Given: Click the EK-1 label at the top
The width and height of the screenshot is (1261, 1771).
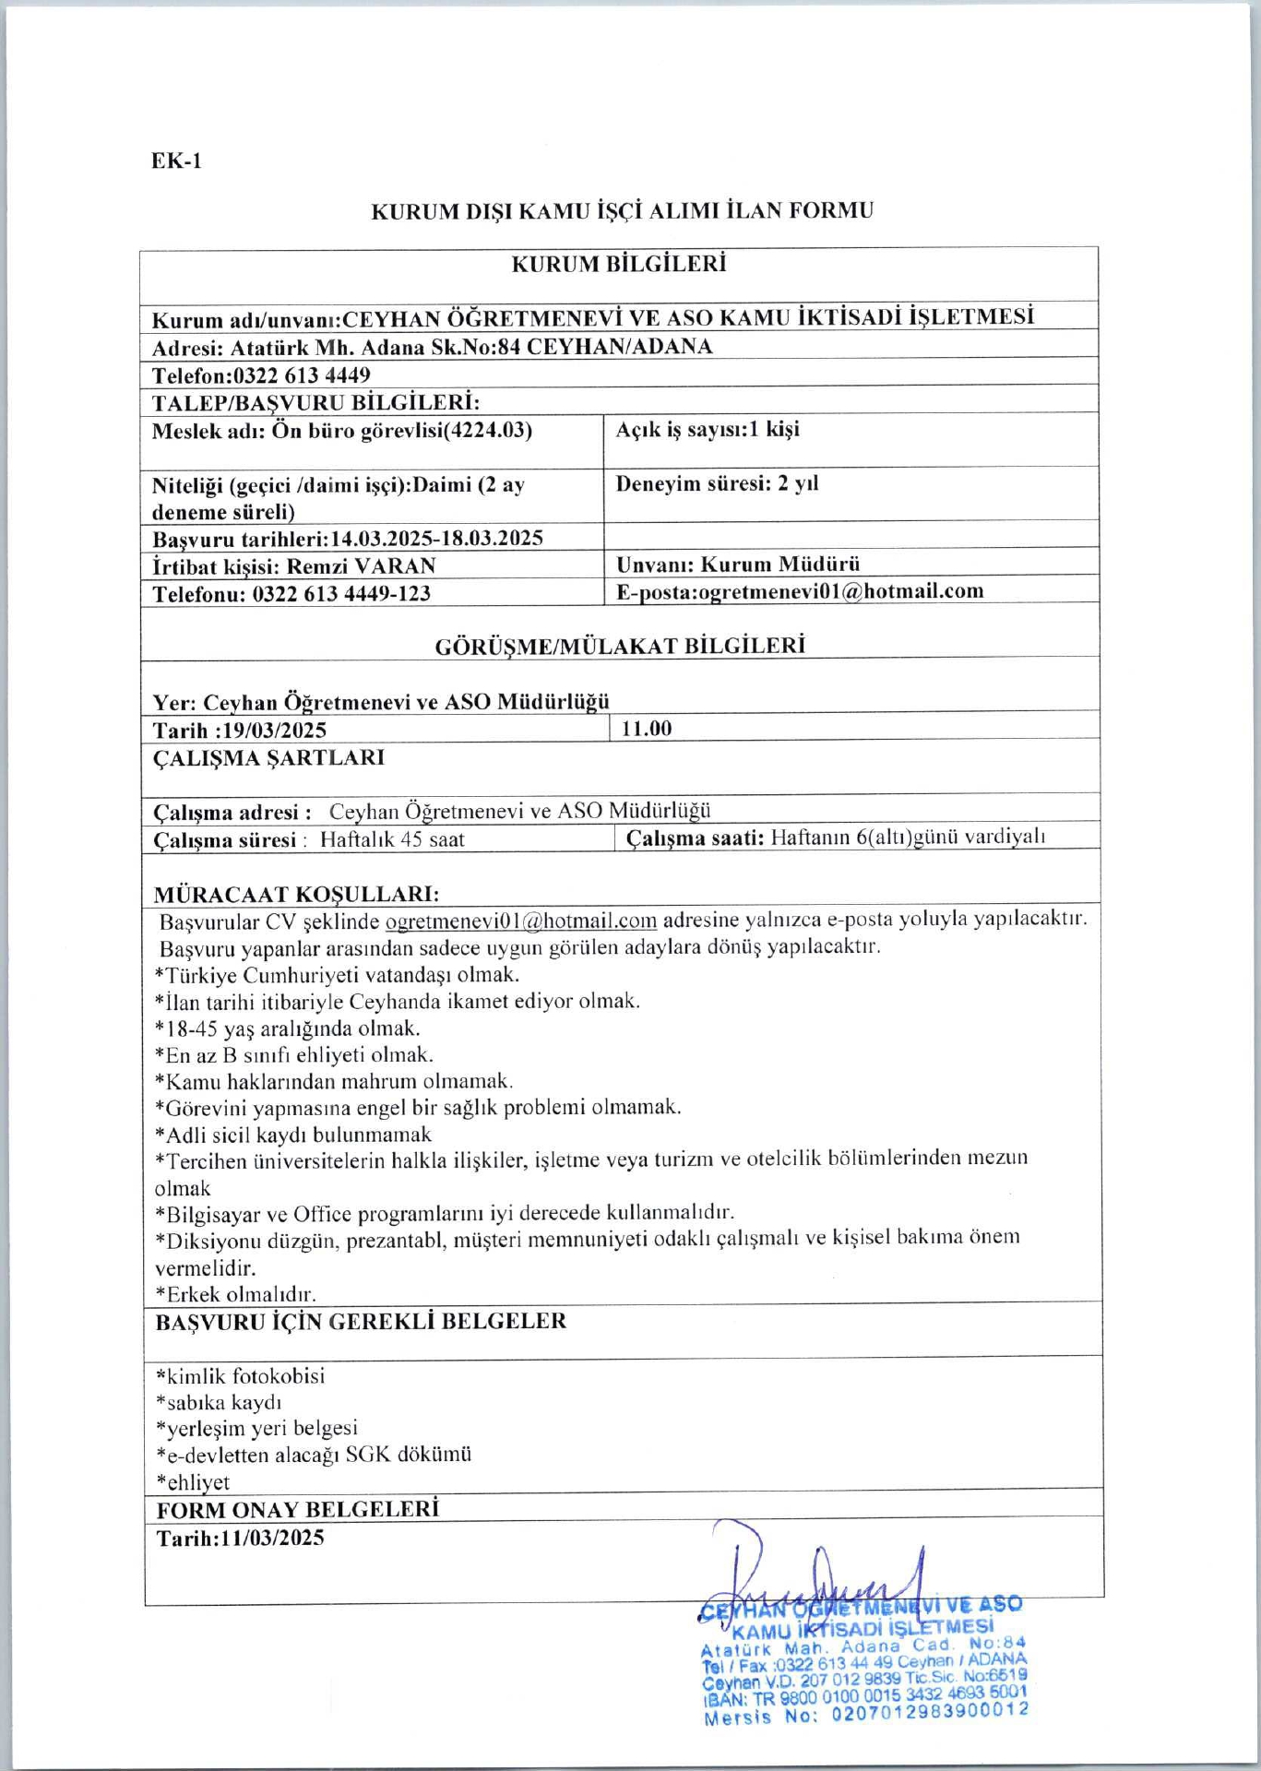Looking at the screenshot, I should (x=176, y=161).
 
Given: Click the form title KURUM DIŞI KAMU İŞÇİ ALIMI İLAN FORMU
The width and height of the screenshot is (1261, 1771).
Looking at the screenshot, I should (x=622, y=211).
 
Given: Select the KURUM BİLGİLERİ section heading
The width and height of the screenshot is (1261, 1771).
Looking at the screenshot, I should (x=619, y=265).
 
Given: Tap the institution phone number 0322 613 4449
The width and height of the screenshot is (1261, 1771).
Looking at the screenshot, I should (x=302, y=375).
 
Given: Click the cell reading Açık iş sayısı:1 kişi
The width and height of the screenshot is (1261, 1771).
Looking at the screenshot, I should (x=708, y=430).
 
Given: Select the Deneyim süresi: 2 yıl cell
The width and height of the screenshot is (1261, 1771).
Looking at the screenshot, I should (x=717, y=484).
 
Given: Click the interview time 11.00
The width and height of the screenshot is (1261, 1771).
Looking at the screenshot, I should (x=647, y=729).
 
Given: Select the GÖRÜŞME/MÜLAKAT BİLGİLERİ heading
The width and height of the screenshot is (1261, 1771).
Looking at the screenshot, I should (x=620, y=646).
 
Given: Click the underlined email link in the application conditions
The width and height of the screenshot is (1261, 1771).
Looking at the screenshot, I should (x=520, y=921).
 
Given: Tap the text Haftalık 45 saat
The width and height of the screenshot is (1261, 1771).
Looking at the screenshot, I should (x=392, y=840).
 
